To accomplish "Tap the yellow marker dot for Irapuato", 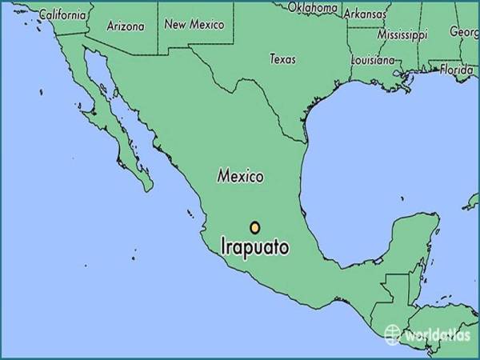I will coord(254,227).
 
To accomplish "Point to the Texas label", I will coord(282,58).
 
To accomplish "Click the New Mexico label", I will coord(194,24).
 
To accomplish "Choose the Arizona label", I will coord(126,26).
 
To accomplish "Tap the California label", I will coord(62,14).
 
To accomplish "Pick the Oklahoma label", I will coord(312,8).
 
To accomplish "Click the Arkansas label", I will coord(364,13).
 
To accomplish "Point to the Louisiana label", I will coord(374,60).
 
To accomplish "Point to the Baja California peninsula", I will coord(120,136).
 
